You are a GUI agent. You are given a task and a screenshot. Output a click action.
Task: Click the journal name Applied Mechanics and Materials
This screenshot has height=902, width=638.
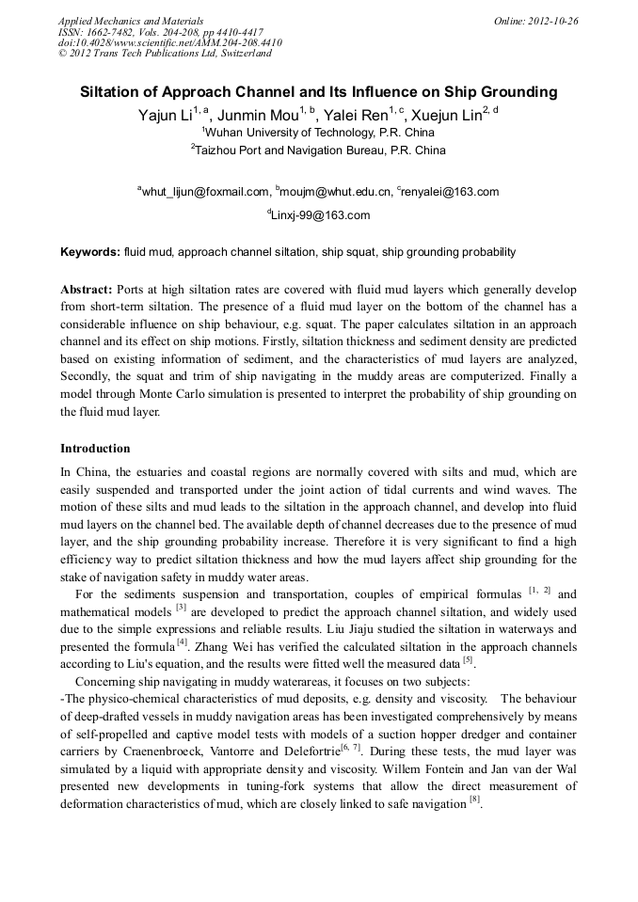click(x=131, y=21)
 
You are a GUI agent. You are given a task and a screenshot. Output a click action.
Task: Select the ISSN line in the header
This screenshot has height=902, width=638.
click(x=161, y=32)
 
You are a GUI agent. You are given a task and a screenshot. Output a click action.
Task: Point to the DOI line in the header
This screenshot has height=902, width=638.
click(x=169, y=43)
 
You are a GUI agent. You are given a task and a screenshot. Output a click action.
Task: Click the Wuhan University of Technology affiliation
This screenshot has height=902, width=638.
click(x=319, y=133)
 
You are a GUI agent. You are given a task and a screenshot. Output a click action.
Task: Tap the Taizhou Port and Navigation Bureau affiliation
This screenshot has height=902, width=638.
click(x=320, y=150)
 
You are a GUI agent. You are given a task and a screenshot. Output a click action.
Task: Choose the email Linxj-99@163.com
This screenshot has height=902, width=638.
click(x=319, y=215)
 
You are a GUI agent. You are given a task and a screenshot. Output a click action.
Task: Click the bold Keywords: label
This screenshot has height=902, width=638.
click(x=90, y=252)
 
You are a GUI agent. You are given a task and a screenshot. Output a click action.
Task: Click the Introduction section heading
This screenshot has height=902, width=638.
click(x=95, y=449)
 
